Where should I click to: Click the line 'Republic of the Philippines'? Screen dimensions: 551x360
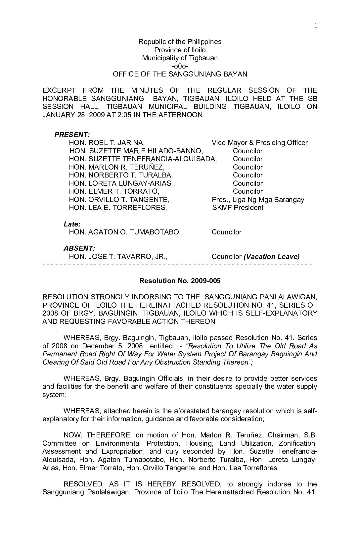pos(180,42)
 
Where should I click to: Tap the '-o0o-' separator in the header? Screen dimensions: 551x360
pos(180,66)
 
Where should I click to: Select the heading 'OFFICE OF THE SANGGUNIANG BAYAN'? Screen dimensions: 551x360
pos(180,74)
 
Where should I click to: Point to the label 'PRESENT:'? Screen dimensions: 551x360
pos(72,135)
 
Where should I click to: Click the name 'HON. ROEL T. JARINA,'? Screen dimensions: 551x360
pos(107,143)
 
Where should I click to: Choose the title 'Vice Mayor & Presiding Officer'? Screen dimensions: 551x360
pos(259,143)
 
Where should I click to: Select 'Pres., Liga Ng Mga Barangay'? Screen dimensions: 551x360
pos(258,200)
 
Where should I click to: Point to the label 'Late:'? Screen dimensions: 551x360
pos(72,224)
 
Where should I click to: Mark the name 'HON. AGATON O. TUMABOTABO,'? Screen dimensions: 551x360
pos(125,232)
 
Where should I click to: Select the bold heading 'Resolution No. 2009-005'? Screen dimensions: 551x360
pos(180,281)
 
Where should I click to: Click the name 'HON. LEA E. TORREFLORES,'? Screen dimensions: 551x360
pos(118,208)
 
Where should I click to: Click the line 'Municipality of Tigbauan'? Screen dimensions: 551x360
pos(180,58)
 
